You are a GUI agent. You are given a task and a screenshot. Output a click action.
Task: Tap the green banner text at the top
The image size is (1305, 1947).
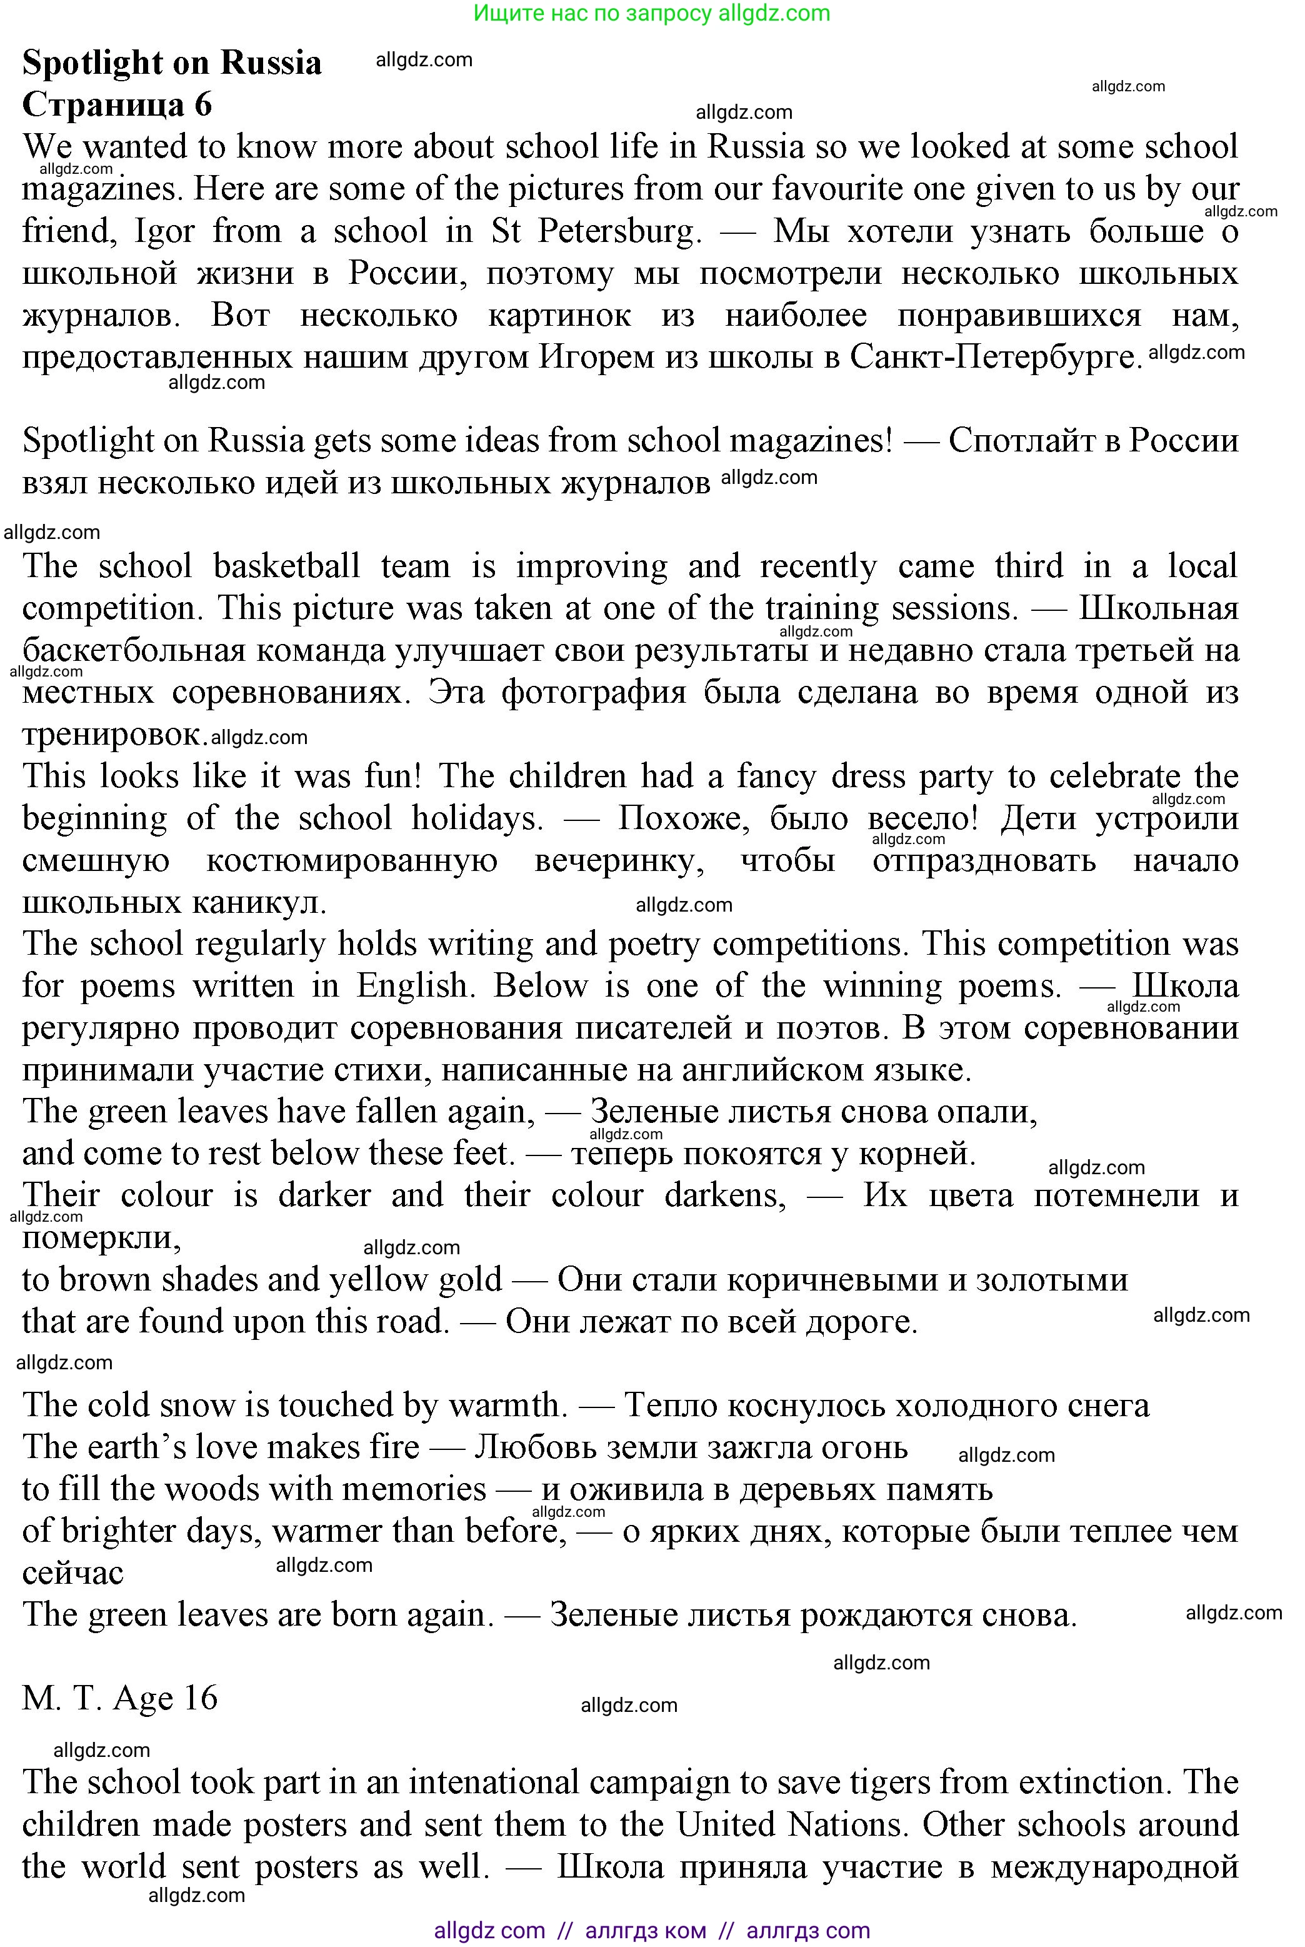tap(652, 13)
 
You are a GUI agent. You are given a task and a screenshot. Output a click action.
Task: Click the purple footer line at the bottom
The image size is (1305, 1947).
tap(652, 1930)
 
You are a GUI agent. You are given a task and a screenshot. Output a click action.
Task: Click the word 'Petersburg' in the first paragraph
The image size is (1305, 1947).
tap(618, 231)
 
